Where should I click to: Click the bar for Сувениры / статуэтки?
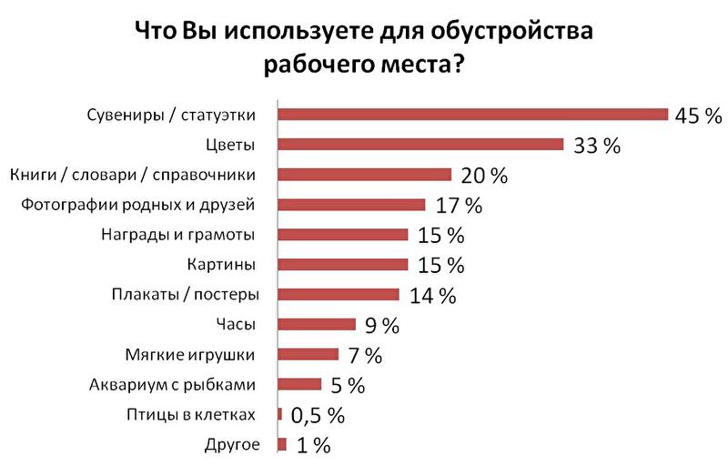[473, 115]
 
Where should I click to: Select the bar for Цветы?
[420, 145]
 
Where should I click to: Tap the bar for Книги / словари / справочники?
[364, 175]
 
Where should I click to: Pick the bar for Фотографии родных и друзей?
[351, 205]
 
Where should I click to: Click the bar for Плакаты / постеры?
[339, 294]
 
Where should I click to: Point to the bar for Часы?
[316, 324]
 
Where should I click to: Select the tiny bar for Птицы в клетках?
[279, 414]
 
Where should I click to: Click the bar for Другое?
[281, 444]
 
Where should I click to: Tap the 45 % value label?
[697, 115]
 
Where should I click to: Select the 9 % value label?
[383, 325]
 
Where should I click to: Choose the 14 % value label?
[431, 295]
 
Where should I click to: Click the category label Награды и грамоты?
[177, 235]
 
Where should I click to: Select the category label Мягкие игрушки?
[188, 354]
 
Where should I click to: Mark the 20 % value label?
[483, 175]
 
